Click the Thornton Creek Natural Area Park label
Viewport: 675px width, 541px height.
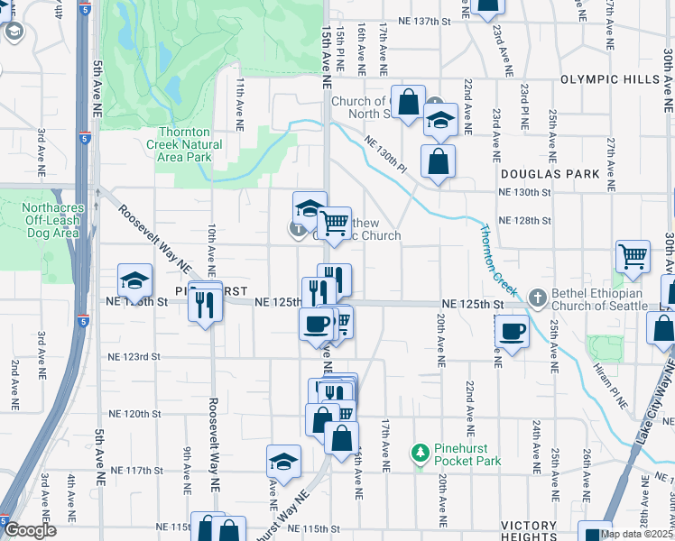click(184, 144)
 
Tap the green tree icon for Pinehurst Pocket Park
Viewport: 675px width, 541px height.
click(420, 451)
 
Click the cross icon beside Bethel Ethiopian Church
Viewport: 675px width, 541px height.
click(537, 298)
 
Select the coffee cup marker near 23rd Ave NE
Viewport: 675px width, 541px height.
click(512, 332)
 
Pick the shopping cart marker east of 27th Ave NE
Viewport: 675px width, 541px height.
click(633, 256)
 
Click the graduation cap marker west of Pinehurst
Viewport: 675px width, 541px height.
click(134, 280)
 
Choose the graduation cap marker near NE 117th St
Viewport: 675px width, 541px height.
click(283, 462)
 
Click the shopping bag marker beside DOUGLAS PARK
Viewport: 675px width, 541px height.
click(438, 161)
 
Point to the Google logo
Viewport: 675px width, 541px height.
click(30, 530)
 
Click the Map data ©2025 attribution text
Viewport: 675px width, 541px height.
click(636, 534)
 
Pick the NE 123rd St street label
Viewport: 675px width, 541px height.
click(131, 357)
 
